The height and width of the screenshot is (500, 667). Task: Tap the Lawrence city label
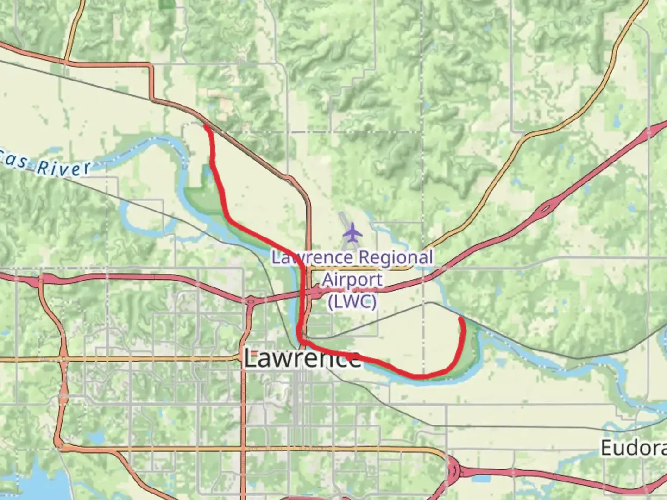click(x=302, y=359)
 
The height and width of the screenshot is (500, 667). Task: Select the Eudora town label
click(x=633, y=448)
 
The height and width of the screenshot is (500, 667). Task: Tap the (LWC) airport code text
click(x=352, y=302)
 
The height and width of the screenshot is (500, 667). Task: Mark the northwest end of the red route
click(x=205, y=125)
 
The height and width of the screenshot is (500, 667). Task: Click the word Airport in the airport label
click(x=352, y=280)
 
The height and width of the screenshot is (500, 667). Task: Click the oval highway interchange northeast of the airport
click(x=547, y=208)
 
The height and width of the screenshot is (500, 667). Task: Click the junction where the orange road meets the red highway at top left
click(x=65, y=61)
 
